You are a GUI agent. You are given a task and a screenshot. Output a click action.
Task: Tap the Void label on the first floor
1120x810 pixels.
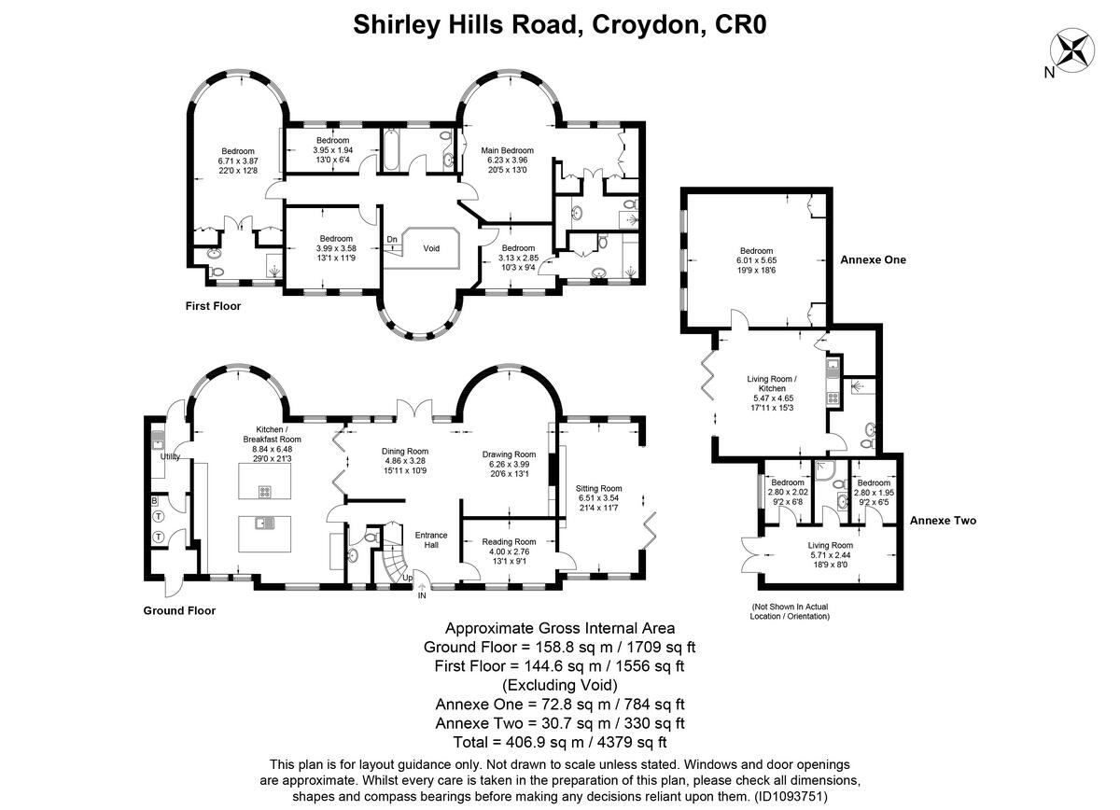coord(431,249)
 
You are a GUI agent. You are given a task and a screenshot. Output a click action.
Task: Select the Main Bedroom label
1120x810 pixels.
coord(507,150)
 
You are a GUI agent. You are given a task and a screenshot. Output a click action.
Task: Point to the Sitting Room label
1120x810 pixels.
coord(598,488)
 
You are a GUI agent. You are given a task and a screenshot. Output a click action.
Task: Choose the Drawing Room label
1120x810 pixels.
coord(509,454)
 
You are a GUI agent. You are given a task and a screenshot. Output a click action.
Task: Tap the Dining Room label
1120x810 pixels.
coord(405,452)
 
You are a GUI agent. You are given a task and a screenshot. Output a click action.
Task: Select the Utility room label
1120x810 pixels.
coord(170,456)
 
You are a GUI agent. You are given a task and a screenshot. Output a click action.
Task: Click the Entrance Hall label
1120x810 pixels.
coord(431,540)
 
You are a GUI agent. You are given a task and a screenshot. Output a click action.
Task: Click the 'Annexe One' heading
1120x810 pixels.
coord(873,259)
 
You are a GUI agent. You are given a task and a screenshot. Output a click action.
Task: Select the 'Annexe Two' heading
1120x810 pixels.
coord(943,521)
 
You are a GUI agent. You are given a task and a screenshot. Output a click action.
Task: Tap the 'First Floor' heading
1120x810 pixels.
coord(213,306)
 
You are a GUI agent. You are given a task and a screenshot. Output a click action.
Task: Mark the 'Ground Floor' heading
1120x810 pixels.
coord(179,611)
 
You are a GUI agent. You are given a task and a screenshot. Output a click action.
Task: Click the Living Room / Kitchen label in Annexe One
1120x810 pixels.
coord(772,384)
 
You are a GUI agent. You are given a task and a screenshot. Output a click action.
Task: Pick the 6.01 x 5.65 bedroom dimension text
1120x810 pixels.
coord(756,260)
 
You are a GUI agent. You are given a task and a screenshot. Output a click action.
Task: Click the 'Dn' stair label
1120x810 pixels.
coord(393,239)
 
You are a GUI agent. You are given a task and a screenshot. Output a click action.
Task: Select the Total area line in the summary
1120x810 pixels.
coord(559,743)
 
